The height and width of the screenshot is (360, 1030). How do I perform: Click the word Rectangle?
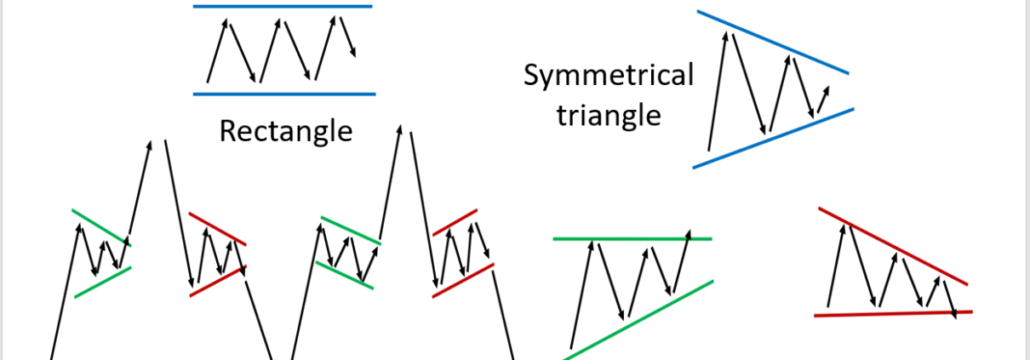pos(285,131)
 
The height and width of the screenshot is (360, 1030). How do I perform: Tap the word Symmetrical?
pos(608,76)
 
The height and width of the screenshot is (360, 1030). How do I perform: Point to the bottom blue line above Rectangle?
pos(284,93)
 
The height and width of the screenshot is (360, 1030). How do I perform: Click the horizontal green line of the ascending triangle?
pos(631,239)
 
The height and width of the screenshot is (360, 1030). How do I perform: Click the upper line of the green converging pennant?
pos(101,226)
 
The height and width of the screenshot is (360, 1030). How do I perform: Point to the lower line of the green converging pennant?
pos(102,282)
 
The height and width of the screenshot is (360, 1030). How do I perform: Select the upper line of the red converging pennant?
pos(217,229)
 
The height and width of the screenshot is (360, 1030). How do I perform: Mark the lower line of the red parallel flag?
pos(462,280)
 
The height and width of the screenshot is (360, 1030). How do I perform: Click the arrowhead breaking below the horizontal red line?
pos(955,314)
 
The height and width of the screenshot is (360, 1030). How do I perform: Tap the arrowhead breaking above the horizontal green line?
pos(687,232)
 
